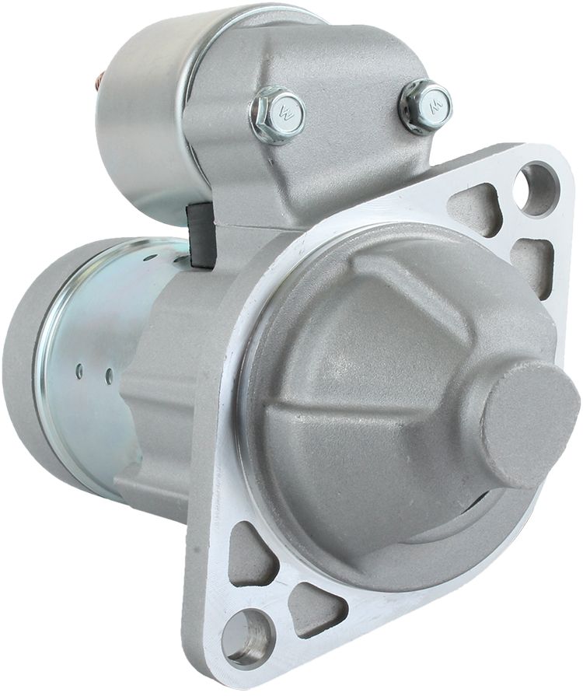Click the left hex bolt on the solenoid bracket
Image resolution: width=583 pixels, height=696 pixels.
pyautogui.click(x=278, y=114)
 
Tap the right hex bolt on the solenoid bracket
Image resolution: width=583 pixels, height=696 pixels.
pyautogui.click(x=425, y=105)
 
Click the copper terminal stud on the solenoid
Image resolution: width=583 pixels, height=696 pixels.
pyautogui.click(x=100, y=79)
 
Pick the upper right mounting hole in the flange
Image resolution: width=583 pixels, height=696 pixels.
pyautogui.click(x=536, y=189)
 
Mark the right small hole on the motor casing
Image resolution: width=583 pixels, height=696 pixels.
pyautogui.click(x=109, y=376)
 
